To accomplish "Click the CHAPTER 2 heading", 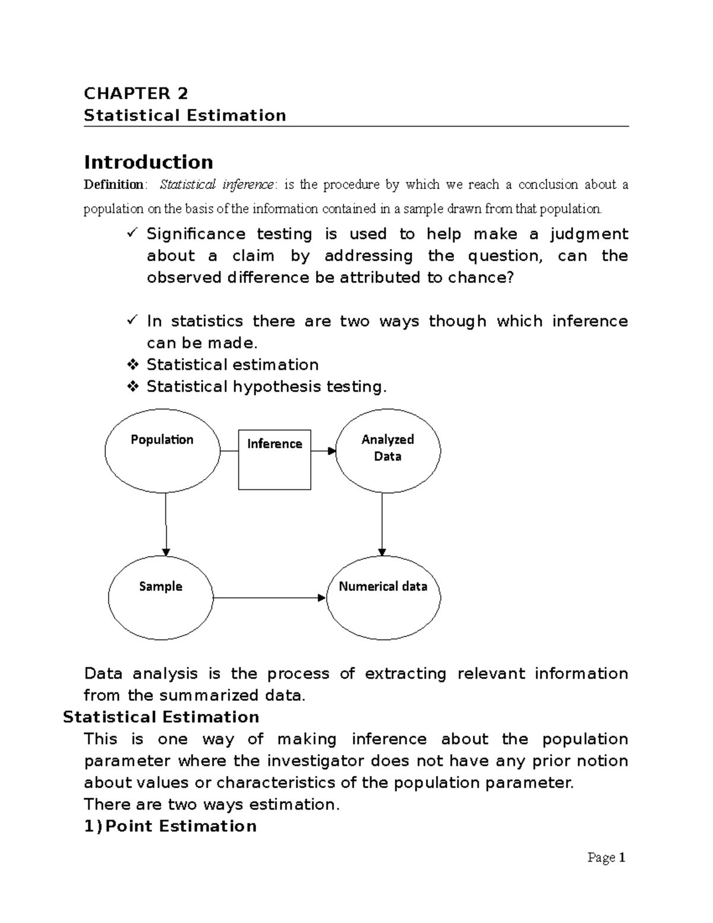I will [135, 93].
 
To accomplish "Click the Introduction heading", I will [149, 162].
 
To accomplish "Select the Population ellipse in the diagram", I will [162, 451].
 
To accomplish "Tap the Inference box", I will [275, 459].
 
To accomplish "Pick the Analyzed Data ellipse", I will [388, 450].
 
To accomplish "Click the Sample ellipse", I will [160, 597].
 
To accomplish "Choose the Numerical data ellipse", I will [383, 597].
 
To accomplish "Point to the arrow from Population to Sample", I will [166, 523].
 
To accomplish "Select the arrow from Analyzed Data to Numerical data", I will [382, 523].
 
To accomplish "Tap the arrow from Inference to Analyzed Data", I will [323, 451].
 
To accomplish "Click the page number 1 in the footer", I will [621, 858].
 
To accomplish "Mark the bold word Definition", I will [113, 185].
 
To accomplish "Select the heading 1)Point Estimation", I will [170, 826].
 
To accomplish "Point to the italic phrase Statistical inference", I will [216, 185].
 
